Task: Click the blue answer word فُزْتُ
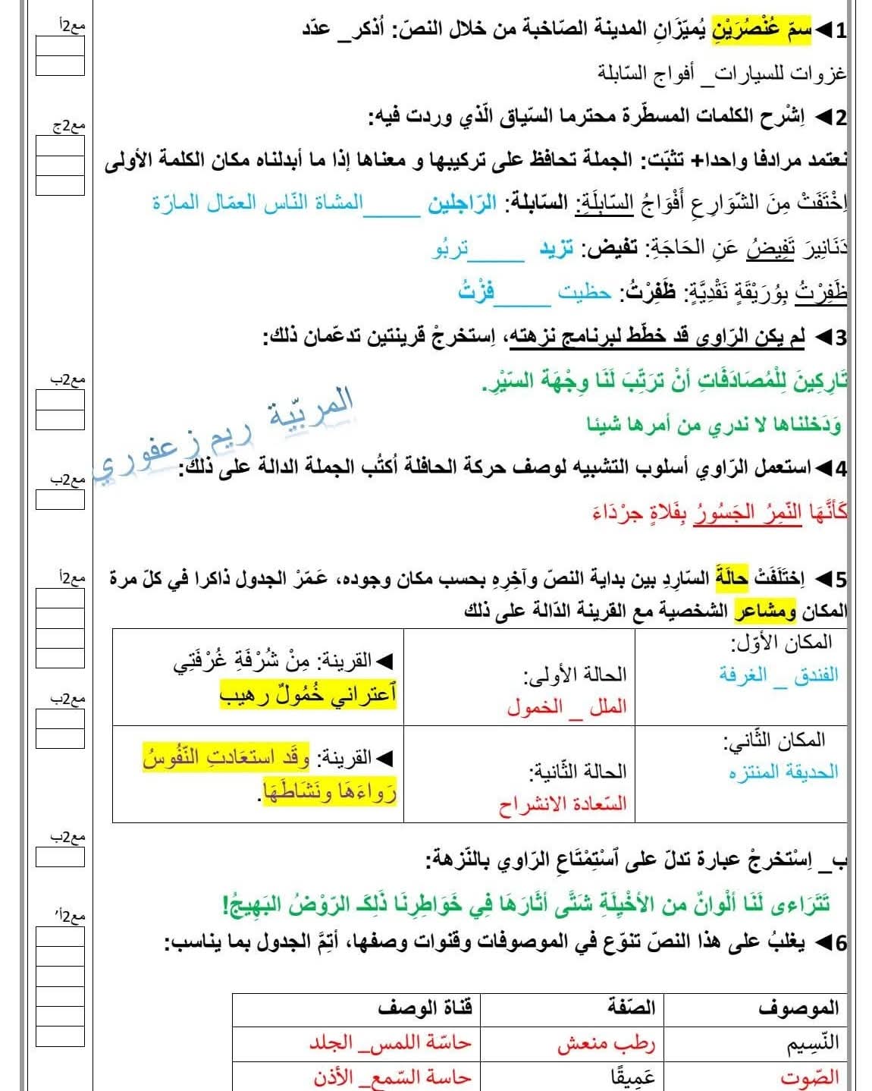pos(476,292)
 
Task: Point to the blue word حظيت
pos(584,293)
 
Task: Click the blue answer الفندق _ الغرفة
pos(779,674)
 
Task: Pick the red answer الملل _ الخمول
pos(566,707)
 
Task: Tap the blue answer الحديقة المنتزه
pos(783,772)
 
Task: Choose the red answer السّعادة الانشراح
pos(563,804)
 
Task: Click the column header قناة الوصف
pos(425,1008)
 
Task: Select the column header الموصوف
pos(798,1008)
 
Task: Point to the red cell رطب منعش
pos(606,1044)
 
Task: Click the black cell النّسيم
pos(812,1043)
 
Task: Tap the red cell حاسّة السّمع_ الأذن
pos(392,1077)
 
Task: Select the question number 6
pos(839,943)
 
